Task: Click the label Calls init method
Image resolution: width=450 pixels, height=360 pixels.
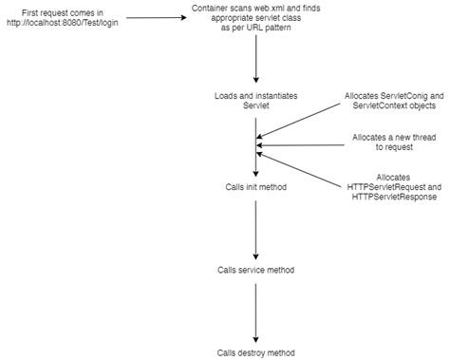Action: [x=256, y=187]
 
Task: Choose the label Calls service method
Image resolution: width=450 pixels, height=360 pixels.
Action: [x=256, y=270]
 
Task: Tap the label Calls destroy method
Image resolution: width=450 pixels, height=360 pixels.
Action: [x=256, y=351]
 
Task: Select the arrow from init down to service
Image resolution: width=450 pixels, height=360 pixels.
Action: [x=256, y=228]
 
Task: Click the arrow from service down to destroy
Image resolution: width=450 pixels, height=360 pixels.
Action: [x=256, y=311]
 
